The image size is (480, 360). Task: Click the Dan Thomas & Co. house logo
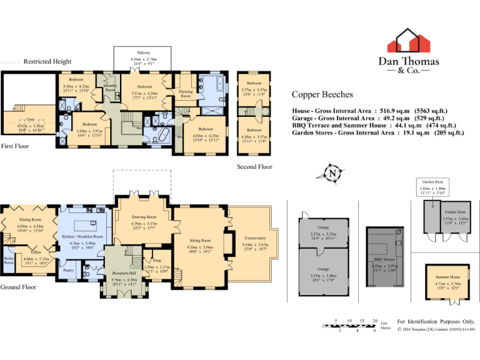[409, 41]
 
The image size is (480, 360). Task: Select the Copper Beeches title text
[322, 95]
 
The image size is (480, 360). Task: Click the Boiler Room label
[9, 260]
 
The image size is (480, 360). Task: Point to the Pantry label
[69, 270]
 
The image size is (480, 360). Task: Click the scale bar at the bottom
[351, 326]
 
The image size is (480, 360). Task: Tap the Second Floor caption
[254, 167]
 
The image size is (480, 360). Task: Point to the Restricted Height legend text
[47, 61]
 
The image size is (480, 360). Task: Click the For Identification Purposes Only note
[436, 321]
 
